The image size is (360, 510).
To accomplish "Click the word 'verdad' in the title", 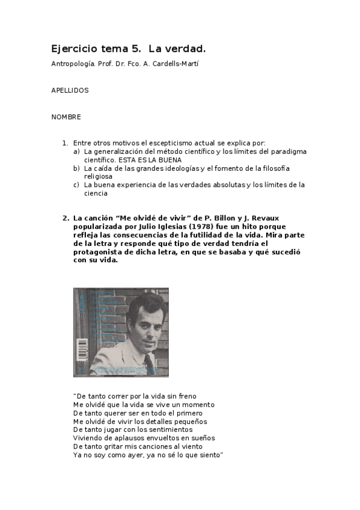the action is tap(192, 48).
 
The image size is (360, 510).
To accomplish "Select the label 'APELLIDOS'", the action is tap(70, 90).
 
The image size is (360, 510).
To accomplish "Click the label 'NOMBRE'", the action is tap(66, 117).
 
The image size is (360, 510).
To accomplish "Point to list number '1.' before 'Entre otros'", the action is tap(65, 143).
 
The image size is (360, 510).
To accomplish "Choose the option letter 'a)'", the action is tap(76, 152).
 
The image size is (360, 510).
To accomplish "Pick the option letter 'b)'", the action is tap(76, 168).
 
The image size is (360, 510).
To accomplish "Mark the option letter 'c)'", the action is tap(76, 185).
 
